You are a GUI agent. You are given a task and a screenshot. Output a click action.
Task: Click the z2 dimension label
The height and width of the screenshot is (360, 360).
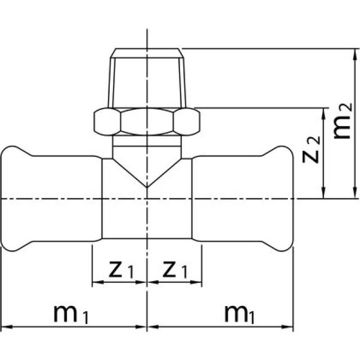[312, 149]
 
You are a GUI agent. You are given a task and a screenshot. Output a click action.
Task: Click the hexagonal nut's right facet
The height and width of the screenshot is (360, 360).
[187, 121]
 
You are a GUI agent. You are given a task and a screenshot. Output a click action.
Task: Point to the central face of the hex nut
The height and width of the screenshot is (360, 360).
[147, 121]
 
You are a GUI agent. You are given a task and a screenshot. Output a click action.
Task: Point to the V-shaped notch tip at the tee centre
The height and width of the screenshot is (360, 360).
[147, 186]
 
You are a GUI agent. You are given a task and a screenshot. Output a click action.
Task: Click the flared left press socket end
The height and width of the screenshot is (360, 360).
[14, 200]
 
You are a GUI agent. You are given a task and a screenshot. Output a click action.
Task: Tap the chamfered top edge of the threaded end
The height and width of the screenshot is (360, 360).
[147, 53]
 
